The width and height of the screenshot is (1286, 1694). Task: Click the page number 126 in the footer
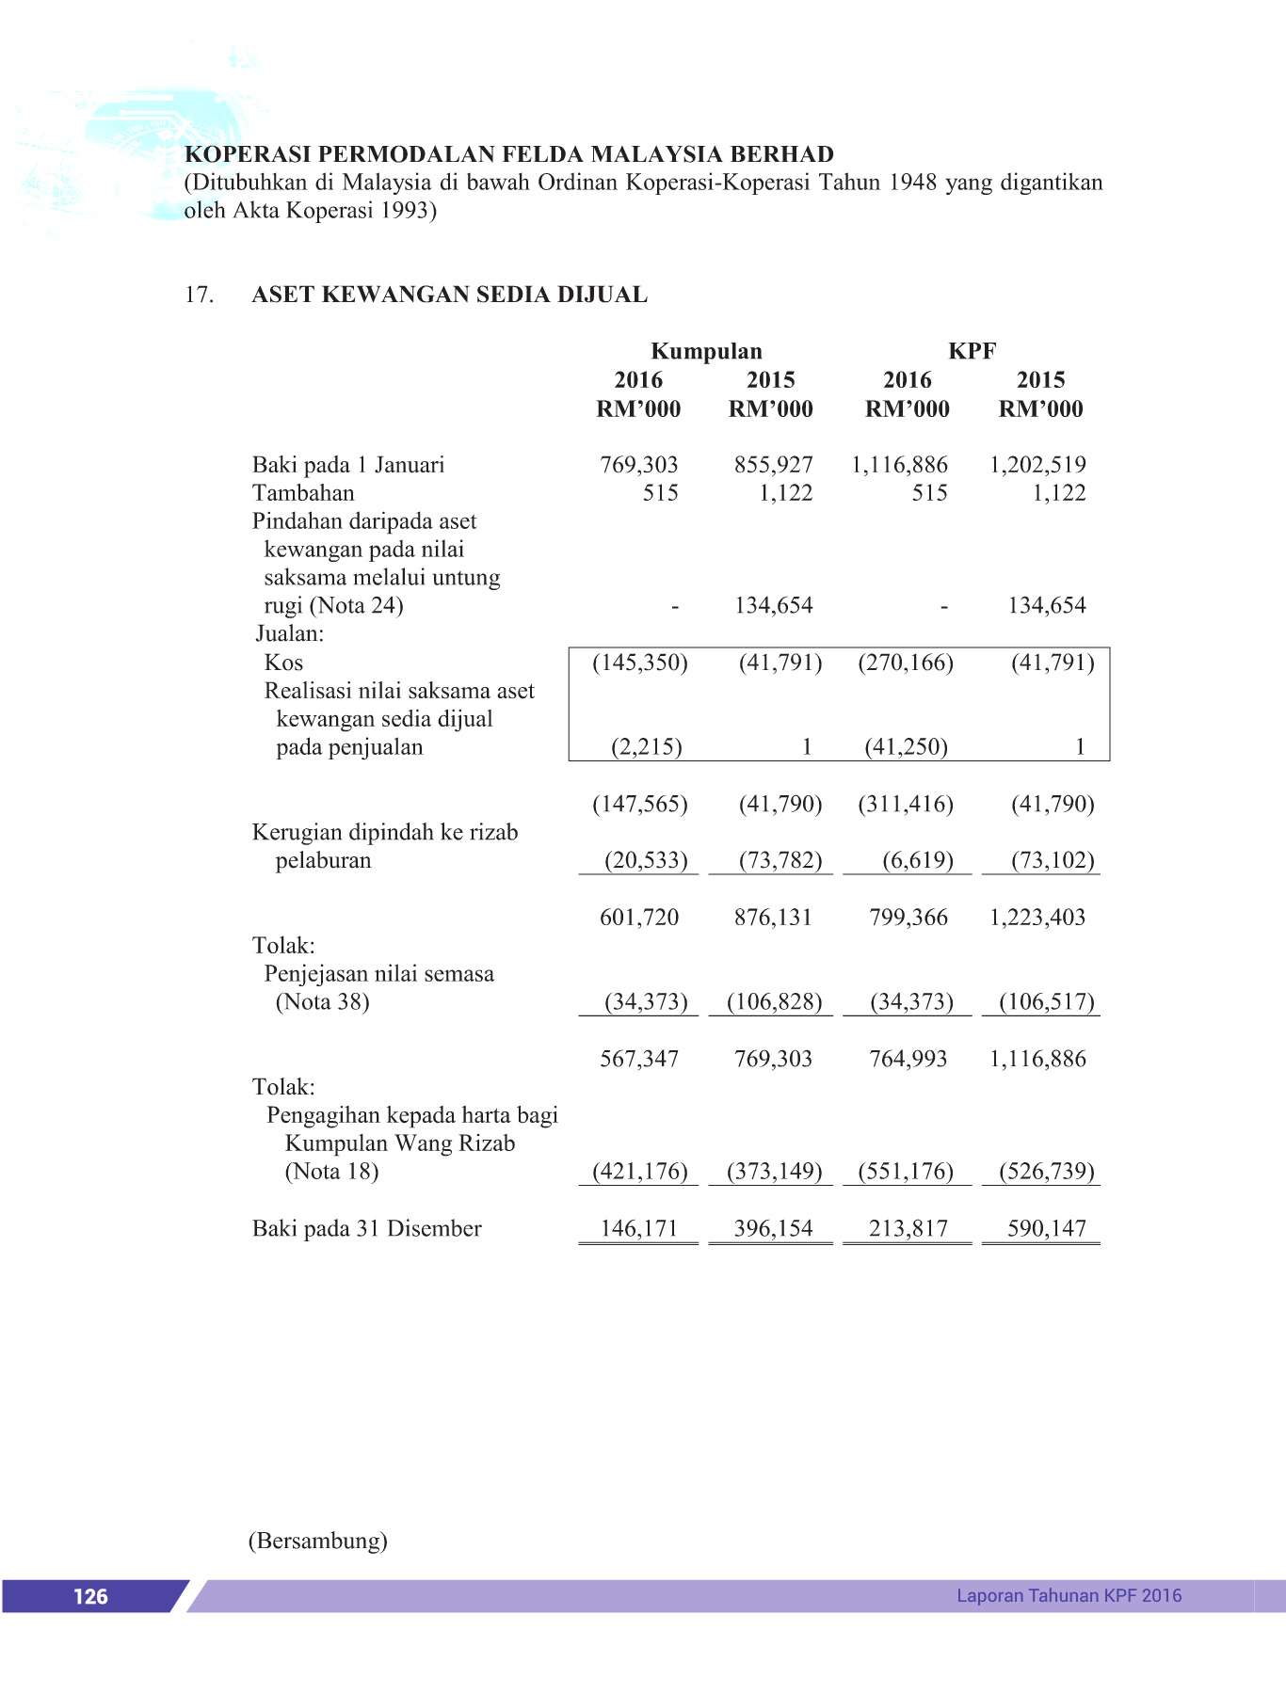tap(90, 1595)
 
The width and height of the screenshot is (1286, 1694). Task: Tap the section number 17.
tap(199, 295)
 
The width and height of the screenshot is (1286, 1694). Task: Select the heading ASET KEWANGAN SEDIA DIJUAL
tap(449, 295)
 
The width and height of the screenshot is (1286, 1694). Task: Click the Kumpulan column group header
tap(706, 351)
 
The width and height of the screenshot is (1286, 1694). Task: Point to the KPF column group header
tap(972, 351)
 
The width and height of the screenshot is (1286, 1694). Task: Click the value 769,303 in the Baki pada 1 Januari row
tap(638, 464)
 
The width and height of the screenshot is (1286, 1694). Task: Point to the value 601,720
tap(638, 917)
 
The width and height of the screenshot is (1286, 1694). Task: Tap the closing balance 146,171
tap(638, 1228)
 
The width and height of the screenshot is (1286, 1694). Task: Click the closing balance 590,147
tap(1046, 1228)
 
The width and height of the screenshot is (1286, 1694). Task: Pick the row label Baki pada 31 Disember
tap(366, 1228)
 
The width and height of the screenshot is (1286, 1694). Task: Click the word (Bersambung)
tap(318, 1541)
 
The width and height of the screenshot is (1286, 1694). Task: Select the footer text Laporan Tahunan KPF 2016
tap(1069, 1595)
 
